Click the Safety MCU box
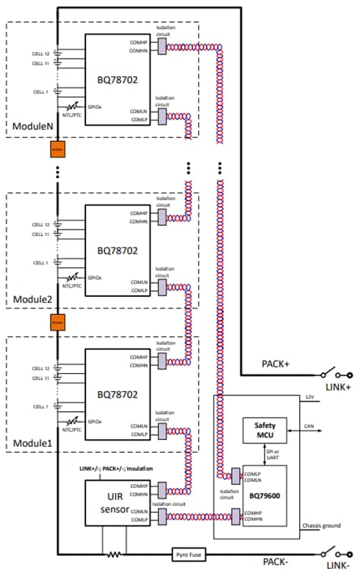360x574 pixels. coord(265,430)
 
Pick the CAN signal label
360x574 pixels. coord(308,426)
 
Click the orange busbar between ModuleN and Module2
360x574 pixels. coord(56,149)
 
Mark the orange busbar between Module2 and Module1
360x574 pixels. coord(56,323)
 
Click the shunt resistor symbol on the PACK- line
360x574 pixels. coord(112,555)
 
